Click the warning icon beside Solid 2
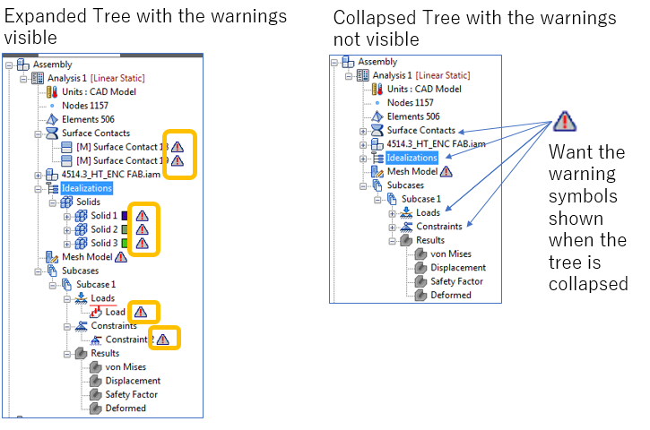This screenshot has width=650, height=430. (142, 229)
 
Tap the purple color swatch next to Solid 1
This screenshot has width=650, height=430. (125, 216)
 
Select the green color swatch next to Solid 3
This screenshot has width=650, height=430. (125, 243)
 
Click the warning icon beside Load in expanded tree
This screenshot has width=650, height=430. (141, 312)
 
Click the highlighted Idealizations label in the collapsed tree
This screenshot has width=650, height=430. (412, 158)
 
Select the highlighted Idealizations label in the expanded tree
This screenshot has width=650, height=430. (86, 188)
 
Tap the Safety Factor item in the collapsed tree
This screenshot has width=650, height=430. (455, 280)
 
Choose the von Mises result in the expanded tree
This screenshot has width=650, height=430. (126, 366)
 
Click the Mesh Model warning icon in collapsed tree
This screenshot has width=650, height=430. (446, 171)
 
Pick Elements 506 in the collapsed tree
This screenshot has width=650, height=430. (413, 116)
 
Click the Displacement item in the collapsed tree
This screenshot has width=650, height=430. (458, 267)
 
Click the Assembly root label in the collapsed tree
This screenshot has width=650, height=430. (377, 62)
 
